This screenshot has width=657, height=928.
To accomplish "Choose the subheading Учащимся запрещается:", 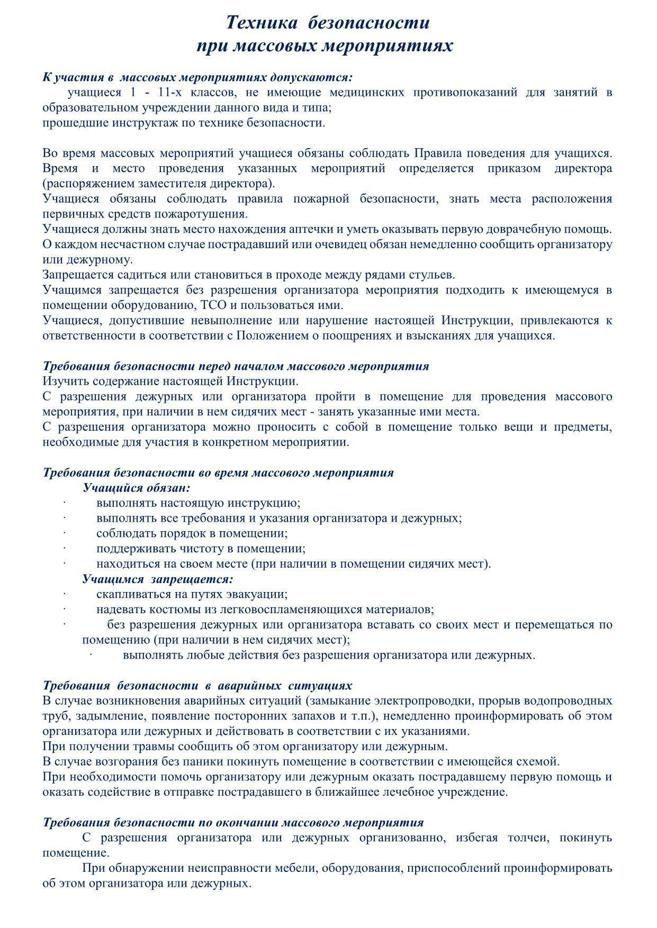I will (x=158, y=579).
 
